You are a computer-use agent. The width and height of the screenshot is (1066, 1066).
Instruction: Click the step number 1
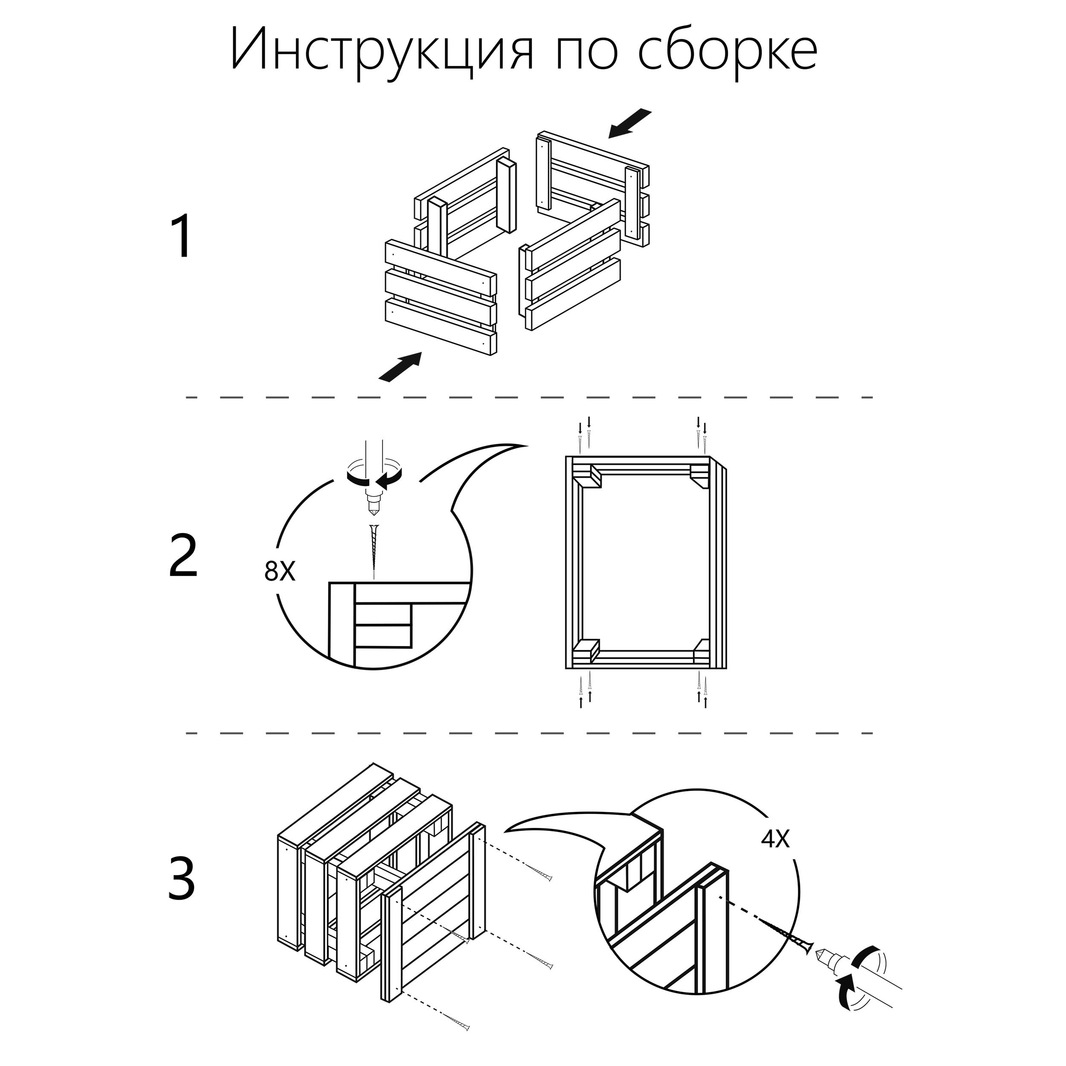(182, 237)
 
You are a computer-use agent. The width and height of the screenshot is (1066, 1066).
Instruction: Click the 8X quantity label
(280, 572)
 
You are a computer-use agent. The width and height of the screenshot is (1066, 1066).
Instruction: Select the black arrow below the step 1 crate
(400, 367)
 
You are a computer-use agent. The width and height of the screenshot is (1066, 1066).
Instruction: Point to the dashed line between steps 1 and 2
(530, 397)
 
